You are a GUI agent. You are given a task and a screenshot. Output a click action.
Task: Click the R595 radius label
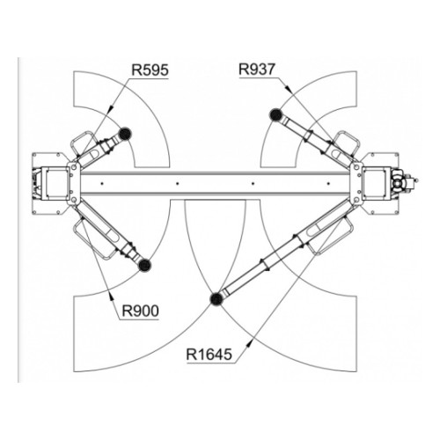tap(150, 70)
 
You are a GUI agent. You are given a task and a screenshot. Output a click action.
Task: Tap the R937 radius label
tap(257, 70)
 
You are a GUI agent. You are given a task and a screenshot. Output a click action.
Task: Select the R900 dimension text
tap(140, 311)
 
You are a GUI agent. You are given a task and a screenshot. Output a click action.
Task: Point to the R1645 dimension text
tap(209, 354)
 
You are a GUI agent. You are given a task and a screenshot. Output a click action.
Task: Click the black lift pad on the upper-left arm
tap(125, 134)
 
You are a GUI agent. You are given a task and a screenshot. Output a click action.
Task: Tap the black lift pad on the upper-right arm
tap(276, 114)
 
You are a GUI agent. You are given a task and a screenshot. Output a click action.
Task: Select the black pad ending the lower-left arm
tap(144, 265)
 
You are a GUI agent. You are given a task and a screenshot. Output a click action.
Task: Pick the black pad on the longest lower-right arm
tap(216, 299)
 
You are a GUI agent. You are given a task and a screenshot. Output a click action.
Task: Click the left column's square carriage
tap(55, 183)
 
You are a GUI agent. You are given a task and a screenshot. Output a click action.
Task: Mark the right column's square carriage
tap(377, 182)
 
